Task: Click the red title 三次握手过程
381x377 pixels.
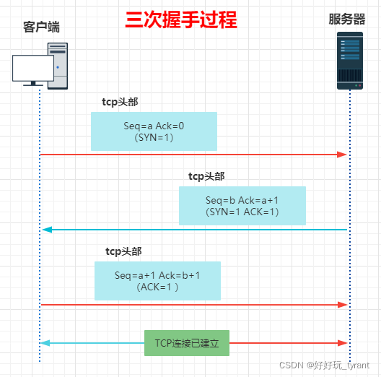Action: (x=180, y=20)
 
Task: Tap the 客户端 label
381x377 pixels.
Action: (x=41, y=27)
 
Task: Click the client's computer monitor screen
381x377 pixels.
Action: (x=33, y=69)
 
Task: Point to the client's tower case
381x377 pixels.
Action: (x=58, y=66)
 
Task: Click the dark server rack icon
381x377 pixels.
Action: (x=350, y=61)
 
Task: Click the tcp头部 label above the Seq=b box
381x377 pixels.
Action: (x=206, y=176)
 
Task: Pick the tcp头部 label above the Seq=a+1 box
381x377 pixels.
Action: (x=123, y=251)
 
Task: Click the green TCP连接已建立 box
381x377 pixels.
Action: (x=187, y=343)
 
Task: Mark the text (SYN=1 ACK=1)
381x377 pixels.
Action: (x=242, y=212)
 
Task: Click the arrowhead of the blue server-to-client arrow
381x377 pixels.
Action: (x=47, y=230)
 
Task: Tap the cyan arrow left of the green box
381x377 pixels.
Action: (x=94, y=343)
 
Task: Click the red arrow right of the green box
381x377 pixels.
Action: (x=289, y=343)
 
